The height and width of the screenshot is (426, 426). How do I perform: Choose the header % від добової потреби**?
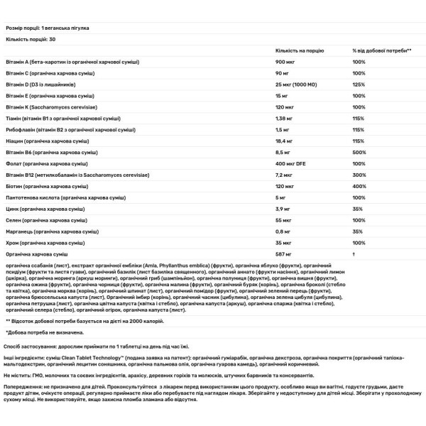coord(382,50)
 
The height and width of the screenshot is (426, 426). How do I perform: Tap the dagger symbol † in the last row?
coord(354,253)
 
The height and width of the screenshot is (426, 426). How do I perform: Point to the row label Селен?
coord(15,222)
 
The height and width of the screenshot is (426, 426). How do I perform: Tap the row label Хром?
coord(13,243)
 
